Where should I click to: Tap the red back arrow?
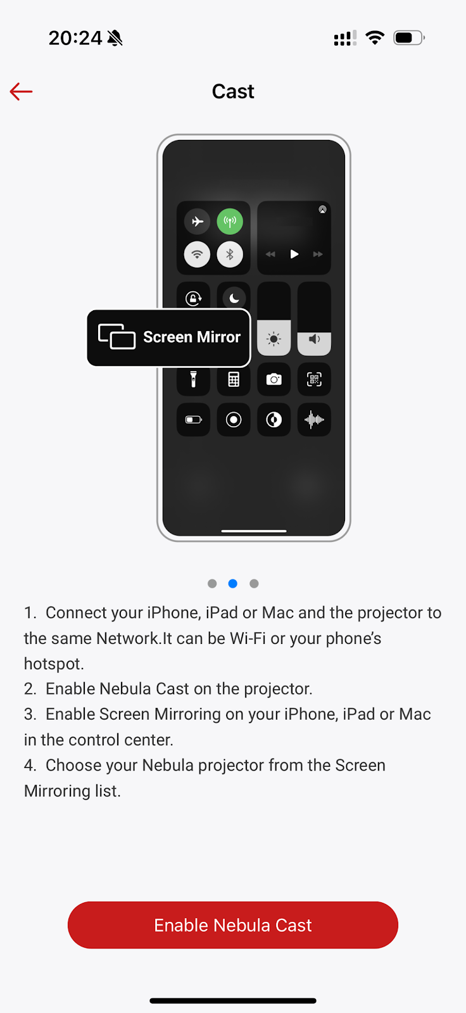21,91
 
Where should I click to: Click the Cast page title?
233,91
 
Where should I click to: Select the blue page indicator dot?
233,583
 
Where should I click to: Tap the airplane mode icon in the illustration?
198,222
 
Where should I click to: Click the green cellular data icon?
230,222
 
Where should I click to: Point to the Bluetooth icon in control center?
230,254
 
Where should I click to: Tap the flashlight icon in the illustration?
193,379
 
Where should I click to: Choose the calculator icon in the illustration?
234,379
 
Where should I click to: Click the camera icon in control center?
274,379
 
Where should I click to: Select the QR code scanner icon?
314,379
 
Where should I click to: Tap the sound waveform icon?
314,420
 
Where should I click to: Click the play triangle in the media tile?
294,254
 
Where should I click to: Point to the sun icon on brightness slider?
274,339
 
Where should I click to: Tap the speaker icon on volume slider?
314,339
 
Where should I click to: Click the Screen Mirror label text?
192,337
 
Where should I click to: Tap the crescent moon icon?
234,298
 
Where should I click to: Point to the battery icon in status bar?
409,37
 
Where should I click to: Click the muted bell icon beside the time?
115,38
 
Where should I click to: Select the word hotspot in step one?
53,664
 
